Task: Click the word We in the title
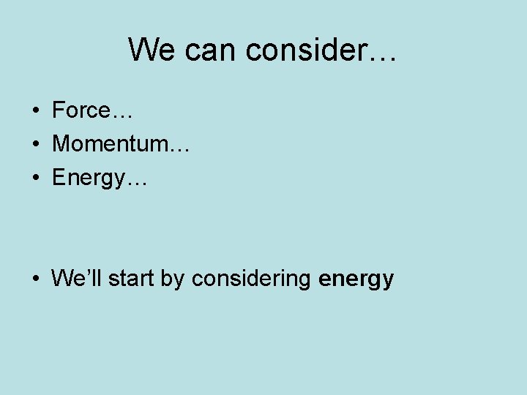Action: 152,50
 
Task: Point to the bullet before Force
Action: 35,111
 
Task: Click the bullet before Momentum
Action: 35,145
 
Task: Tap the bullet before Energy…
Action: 35,178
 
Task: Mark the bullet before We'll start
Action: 35,279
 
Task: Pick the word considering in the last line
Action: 253,280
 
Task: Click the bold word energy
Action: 356,280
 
